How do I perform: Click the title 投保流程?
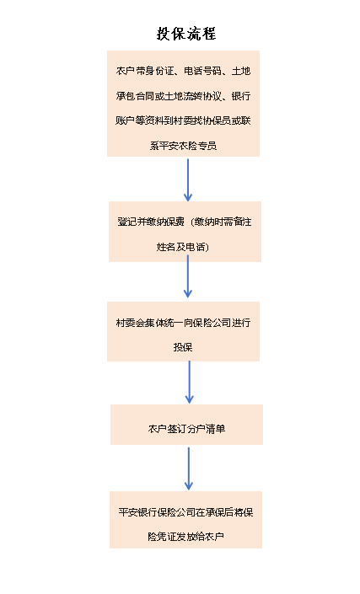[186, 34]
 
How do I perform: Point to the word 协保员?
[217, 120]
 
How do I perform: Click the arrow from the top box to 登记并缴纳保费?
[188, 180]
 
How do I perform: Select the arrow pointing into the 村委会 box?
[188, 276]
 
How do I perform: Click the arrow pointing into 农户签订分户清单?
[189, 382]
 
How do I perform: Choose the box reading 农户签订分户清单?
[187, 425]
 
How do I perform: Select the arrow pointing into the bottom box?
[188, 468]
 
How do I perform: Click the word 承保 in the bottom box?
[215, 512]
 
